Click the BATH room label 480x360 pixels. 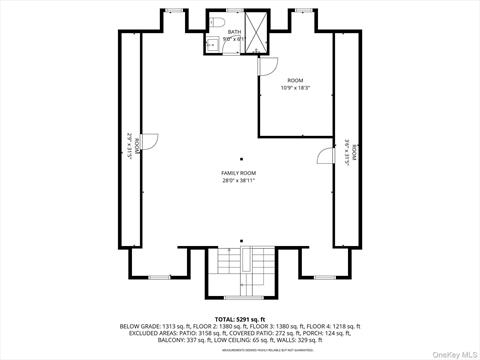[234, 32]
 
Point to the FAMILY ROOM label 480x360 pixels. [238, 173]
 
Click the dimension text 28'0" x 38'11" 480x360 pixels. [238, 181]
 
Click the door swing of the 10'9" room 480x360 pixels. [267, 65]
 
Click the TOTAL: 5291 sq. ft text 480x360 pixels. [240, 318]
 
